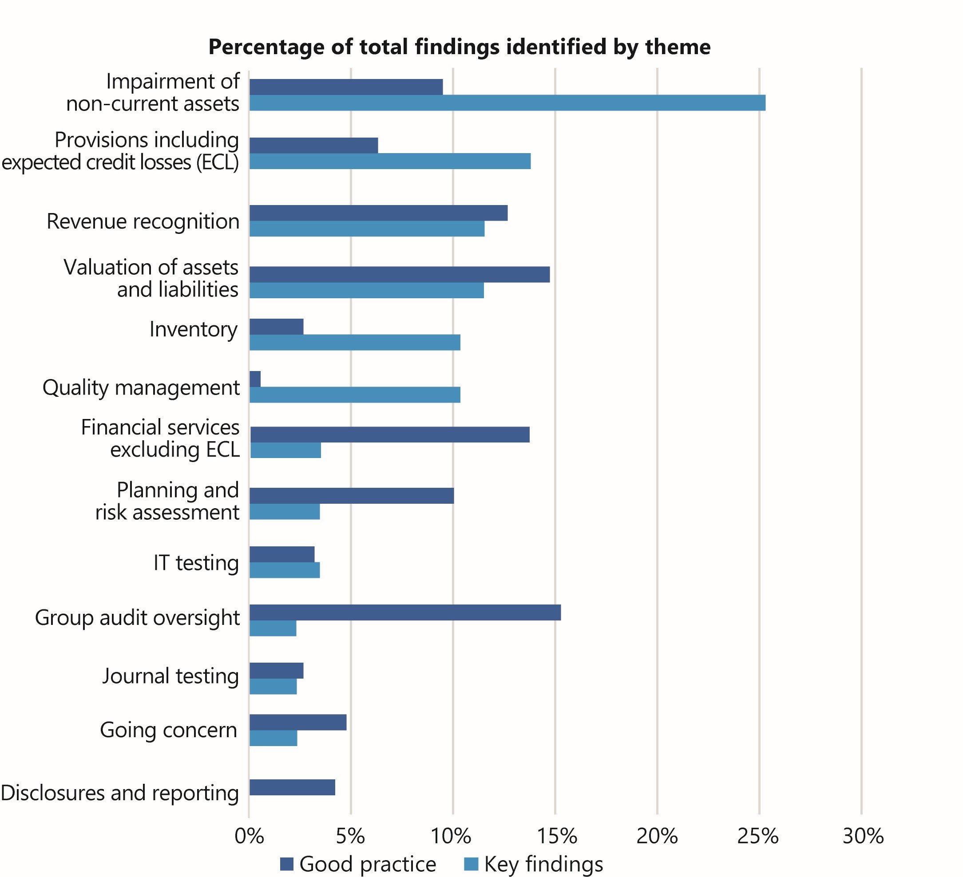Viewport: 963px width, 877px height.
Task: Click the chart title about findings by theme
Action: [x=459, y=47]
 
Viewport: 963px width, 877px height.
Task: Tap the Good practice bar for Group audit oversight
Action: [x=404, y=612]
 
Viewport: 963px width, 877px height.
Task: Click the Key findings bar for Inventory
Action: [x=354, y=342]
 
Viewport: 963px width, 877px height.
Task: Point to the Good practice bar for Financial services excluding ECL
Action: [x=389, y=435]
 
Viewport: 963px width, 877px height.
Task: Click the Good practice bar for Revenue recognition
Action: [x=378, y=213]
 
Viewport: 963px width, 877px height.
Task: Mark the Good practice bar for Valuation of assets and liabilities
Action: [x=399, y=275]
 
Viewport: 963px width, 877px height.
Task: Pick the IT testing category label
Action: [x=196, y=562]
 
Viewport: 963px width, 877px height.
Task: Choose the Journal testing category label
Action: [x=170, y=676]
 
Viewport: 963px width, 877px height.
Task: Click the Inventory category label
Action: [x=193, y=329]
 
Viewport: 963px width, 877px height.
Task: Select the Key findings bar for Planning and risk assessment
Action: [x=284, y=512]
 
